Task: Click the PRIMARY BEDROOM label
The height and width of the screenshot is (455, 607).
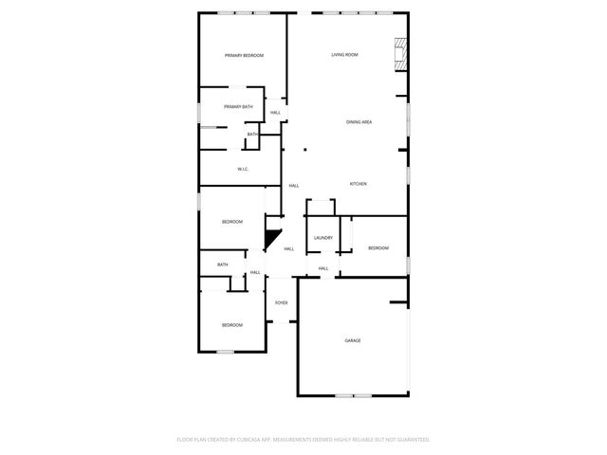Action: pyautogui.click(x=244, y=56)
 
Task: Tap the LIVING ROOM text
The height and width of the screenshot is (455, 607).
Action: pyautogui.click(x=344, y=55)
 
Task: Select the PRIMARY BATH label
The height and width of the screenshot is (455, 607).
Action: pyautogui.click(x=238, y=106)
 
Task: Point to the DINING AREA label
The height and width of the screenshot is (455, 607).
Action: pyautogui.click(x=359, y=122)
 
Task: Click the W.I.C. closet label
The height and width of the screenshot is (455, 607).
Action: pyautogui.click(x=244, y=170)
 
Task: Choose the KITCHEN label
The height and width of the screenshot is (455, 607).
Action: pyautogui.click(x=358, y=184)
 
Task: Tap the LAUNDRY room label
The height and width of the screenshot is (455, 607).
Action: pyautogui.click(x=322, y=237)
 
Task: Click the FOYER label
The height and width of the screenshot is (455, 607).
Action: pyautogui.click(x=282, y=303)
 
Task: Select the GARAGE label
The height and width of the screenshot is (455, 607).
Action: pyautogui.click(x=353, y=340)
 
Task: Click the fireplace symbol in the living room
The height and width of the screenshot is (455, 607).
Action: pyautogui.click(x=401, y=54)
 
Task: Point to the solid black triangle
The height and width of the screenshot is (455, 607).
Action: pyautogui.click(x=274, y=240)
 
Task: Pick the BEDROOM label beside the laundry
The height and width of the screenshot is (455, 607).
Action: pyautogui.click(x=378, y=248)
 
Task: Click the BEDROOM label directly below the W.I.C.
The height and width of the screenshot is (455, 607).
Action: pyautogui.click(x=232, y=222)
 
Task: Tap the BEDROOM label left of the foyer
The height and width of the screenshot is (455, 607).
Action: pyautogui.click(x=232, y=325)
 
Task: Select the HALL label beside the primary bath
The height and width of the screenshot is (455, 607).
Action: pyautogui.click(x=275, y=113)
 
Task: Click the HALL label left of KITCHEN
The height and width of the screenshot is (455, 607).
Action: pyautogui.click(x=294, y=185)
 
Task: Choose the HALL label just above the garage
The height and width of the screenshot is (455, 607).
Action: pyautogui.click(x=323, y=269)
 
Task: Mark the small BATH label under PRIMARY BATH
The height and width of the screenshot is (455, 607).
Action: pyautogui.click(x=252, y=135)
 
